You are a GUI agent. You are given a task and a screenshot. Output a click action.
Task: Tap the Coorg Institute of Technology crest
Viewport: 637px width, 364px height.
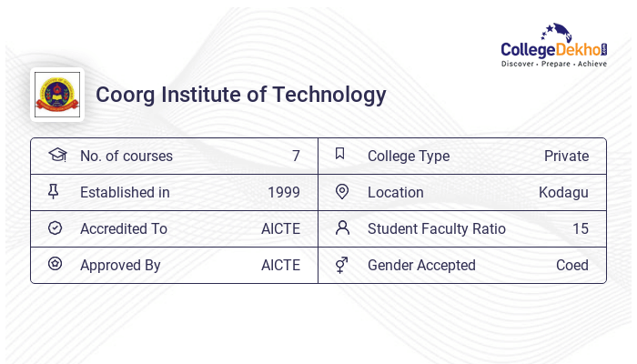click(x=56, y=94)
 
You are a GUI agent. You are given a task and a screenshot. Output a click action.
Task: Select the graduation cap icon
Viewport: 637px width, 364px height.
click(x=56, y=156)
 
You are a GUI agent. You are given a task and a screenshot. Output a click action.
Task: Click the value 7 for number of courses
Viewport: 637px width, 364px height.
click(x=296, y=156)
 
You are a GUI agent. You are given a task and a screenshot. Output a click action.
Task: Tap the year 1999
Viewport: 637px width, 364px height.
click(x=284, y=192)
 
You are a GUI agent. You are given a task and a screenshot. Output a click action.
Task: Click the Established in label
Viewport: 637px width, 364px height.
click(x=125, y=192)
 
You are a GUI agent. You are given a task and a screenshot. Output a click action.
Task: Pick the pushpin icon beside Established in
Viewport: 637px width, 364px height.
click(x=54, y=192)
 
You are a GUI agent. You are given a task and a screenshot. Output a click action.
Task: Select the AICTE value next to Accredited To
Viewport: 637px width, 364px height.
click(x=280, y=228)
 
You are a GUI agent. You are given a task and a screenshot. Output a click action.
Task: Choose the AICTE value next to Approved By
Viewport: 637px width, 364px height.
click(x=280, y=265)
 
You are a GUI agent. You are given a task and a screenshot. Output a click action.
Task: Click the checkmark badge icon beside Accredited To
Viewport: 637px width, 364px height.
click(x=55, y=228)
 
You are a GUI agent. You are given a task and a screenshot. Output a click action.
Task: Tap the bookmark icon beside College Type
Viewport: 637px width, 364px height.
click(x=340, y=155)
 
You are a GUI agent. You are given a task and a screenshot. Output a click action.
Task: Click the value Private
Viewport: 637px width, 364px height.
click(x=566, y=156)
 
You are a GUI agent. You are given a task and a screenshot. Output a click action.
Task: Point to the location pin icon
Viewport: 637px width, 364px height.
click(x=342, y=192)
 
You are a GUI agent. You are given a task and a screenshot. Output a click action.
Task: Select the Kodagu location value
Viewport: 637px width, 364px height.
click(x=563, y=192)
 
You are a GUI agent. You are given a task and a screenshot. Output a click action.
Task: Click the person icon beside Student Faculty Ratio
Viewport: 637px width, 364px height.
click(x=342, y=227)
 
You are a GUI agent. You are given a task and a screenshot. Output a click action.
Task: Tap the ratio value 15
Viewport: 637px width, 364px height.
click(x=581, y=228)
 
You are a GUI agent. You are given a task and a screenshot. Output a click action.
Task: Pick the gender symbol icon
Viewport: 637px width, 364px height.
click(x=341, y=265)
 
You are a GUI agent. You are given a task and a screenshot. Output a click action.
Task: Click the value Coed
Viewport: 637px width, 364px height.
click(x=572, y=265)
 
